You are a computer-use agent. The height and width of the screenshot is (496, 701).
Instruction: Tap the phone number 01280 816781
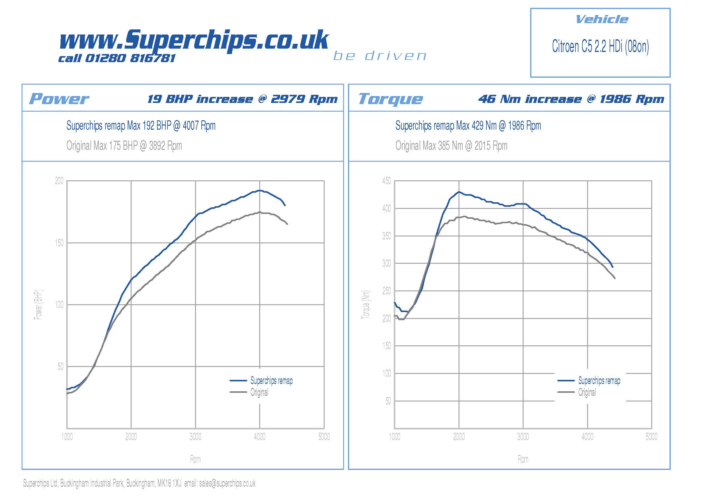click(x=130, y=58)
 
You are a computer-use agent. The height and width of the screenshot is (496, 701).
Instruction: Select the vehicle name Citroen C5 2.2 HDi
click(x=600, y=47)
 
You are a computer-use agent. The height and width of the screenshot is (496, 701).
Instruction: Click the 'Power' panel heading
click(x=59, y=99)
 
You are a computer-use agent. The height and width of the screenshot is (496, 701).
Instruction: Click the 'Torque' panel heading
click(x=391, y=99)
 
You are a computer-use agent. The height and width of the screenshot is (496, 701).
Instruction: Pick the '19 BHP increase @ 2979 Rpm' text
click(x=242, y=99)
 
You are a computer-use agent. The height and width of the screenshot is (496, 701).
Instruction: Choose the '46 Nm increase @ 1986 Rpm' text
click(x=571, y=99)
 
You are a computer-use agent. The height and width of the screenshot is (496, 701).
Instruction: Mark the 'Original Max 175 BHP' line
click(x=124, y=146)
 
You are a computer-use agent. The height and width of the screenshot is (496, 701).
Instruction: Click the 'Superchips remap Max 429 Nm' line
click(x=468, y=126)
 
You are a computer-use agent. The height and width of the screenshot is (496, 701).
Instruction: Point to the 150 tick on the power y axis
click(x=59, y=243)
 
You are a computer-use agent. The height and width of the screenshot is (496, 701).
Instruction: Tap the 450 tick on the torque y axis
click(x=386, y=181)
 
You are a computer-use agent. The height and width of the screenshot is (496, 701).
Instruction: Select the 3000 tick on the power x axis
click(x=195, y=437)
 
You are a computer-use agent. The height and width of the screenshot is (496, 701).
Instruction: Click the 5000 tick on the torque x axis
click(x=652, y=437)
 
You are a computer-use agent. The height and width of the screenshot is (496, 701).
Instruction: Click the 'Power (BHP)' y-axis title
click(x=38, y=304)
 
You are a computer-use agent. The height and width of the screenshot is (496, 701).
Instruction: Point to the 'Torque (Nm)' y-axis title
click(x=366, y=304)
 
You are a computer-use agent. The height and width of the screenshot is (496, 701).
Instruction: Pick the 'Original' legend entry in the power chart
click(x=259, y=392)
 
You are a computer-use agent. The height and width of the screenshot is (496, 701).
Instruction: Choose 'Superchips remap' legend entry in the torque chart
click(x=599, y=381)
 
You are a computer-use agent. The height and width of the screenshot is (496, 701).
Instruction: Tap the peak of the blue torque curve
click(x=459, y=192)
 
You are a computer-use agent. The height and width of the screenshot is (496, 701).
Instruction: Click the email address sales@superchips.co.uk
click(x=227, y=483)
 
